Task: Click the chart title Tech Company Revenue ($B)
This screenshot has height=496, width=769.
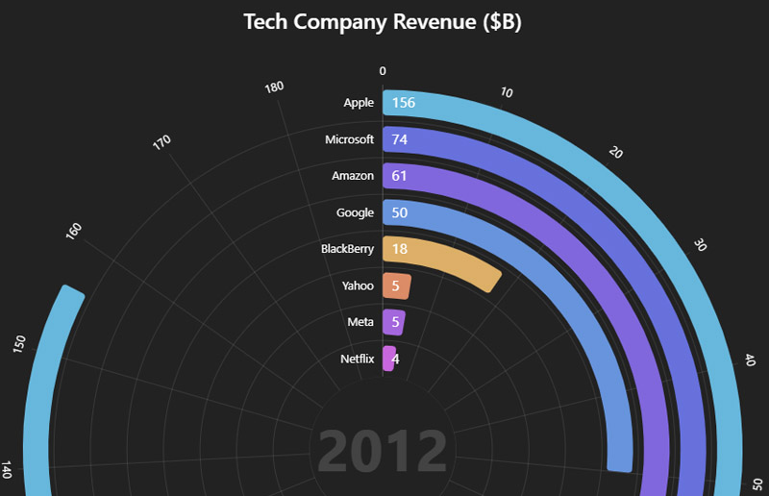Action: pos(383,23)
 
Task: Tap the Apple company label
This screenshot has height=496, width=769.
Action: pos(359,103)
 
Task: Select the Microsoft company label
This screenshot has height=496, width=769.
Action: pos(349,139)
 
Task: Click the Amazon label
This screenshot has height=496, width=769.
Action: pos(353,176)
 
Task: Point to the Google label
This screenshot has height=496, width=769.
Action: pos(355,212)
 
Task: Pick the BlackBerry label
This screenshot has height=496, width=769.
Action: pos(347,249)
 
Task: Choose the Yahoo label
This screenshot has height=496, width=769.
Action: pos(358,285)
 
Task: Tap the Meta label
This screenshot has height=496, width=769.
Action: pos(360,322)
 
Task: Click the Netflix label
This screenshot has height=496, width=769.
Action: pos(357,359)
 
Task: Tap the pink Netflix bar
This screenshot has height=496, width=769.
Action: pos(389,359)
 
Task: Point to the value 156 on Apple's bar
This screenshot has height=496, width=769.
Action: pos(404,103)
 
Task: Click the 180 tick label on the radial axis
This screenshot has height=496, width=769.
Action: pos(274,87)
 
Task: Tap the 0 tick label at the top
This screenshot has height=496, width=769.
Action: pos(383,70)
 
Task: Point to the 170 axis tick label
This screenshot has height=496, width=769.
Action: pos(161,142)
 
